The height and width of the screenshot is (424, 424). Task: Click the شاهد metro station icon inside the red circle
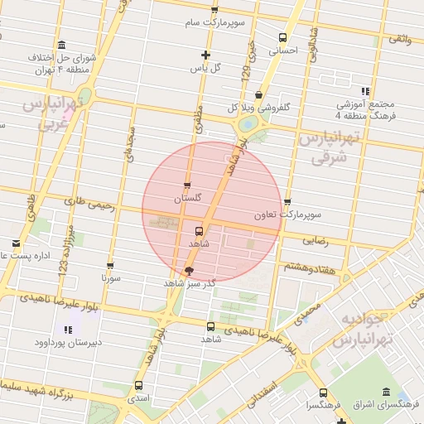click(x=200, y=231)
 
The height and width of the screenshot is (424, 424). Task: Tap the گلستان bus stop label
click(x=188, y=200)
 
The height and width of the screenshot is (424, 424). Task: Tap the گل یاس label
click(x=210, y=68)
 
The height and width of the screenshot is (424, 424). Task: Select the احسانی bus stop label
click(x=283, y=50)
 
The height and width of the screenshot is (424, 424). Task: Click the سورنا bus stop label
click(x=110, y=279)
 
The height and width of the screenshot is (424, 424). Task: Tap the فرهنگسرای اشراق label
click(x=386, y=405)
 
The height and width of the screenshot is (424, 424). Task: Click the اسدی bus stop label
click(x=137, y=398)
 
